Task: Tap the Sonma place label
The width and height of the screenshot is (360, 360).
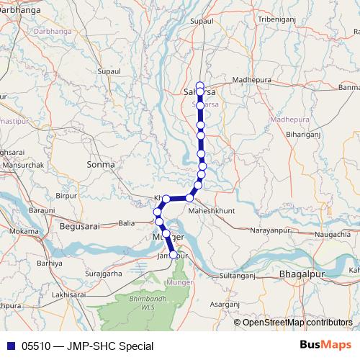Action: (100, 165)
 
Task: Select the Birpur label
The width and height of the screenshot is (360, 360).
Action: (66, 195)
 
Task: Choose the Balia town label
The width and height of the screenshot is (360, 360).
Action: (127, 223)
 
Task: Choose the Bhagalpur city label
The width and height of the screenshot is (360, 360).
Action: (302, 275)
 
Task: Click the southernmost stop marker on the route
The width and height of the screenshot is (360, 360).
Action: (174, 254)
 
